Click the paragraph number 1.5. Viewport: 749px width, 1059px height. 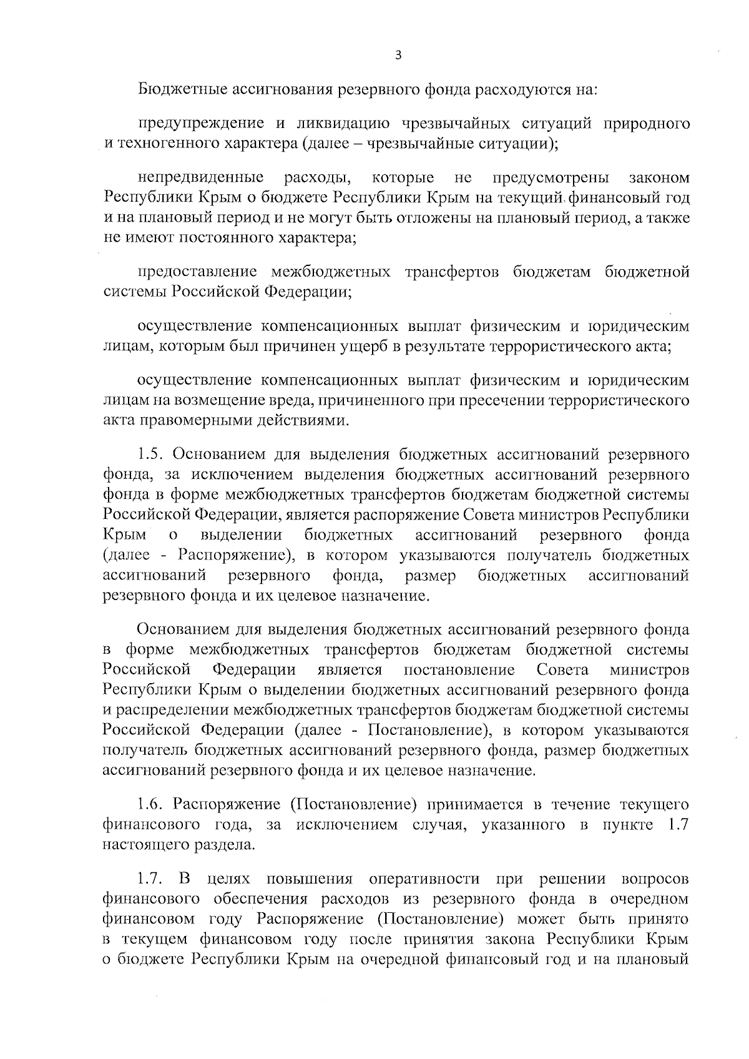[150, 454]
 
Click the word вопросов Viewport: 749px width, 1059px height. [655, 879]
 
